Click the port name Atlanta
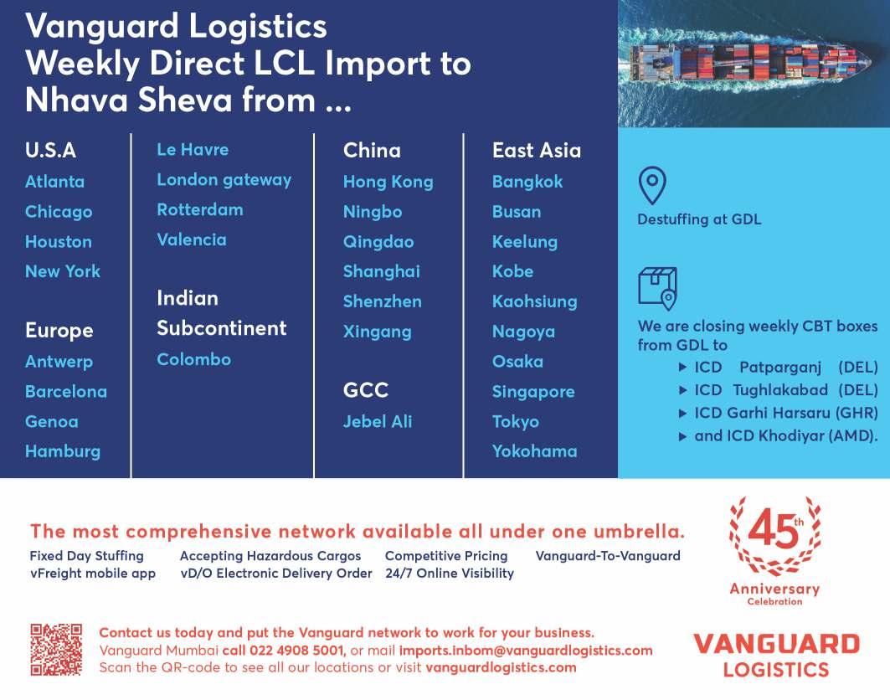54,182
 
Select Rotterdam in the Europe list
199,210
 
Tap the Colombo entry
193,359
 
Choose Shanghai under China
381,271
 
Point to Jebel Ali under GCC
377,421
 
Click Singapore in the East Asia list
532,391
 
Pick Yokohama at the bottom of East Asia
534,451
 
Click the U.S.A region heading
50,151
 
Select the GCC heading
365,390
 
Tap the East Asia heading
536,151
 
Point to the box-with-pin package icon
657,288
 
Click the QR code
56,649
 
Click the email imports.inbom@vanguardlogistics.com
526,651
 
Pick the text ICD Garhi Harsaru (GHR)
785,413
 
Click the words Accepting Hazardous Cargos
270,556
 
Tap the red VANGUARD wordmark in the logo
776,644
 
